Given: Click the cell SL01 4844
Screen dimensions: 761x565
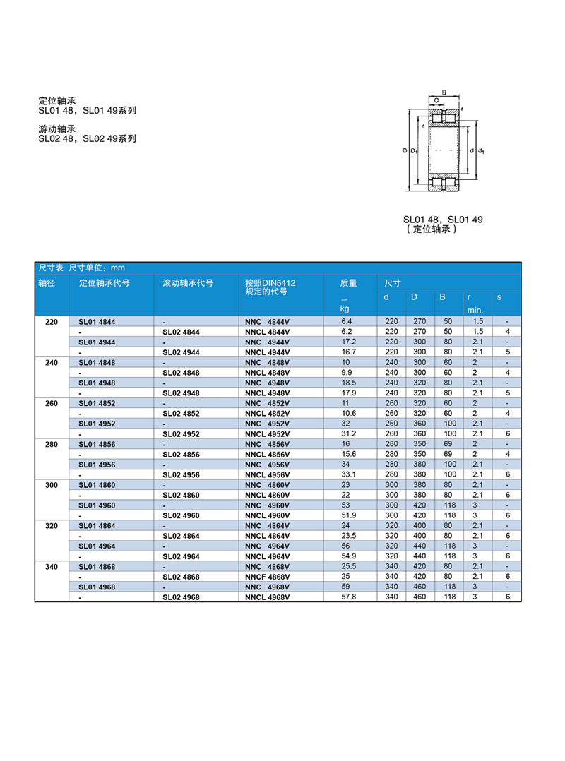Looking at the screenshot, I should pos(97,322).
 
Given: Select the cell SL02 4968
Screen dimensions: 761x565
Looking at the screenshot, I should pos(181,597).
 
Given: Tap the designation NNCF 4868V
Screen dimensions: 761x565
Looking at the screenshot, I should pos(267,577).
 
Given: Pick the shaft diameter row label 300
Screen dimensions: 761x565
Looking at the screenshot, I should pos(52,486).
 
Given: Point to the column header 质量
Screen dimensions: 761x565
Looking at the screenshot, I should pos(349,283).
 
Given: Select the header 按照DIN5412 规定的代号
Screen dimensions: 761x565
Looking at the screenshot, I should pos(270,287).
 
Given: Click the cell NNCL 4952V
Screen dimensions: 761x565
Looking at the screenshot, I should pos(267,433).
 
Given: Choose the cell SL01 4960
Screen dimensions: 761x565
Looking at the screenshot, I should pos(97,505).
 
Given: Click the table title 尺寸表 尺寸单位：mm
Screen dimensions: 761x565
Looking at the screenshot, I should pos(81,268).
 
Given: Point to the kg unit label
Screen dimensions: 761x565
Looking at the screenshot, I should pos(345,308).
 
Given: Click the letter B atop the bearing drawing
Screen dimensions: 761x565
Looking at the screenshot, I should pos(444,92).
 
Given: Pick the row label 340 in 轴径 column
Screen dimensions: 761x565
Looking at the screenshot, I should pos(52,568).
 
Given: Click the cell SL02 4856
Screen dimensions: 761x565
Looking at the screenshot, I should pos(181,454).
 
